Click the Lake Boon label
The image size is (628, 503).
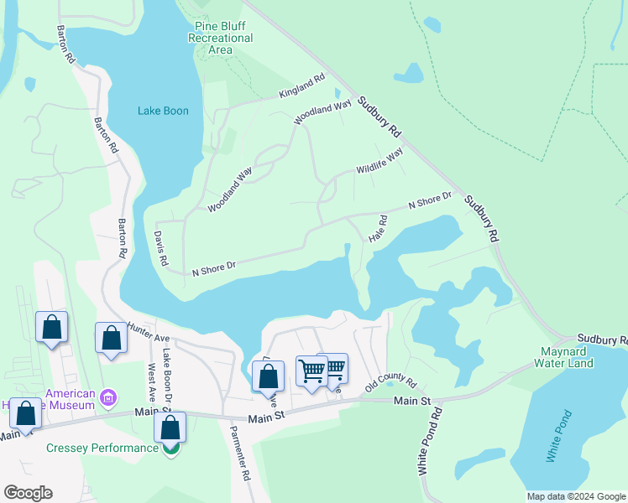[163, 111]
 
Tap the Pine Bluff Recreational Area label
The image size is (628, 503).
[220, 39]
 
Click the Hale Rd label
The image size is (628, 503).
[378, 229]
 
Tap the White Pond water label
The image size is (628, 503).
[557, 436]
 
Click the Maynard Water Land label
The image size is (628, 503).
[563, 357]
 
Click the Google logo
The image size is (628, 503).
[28, 493]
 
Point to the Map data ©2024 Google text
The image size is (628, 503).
[575, 496]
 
